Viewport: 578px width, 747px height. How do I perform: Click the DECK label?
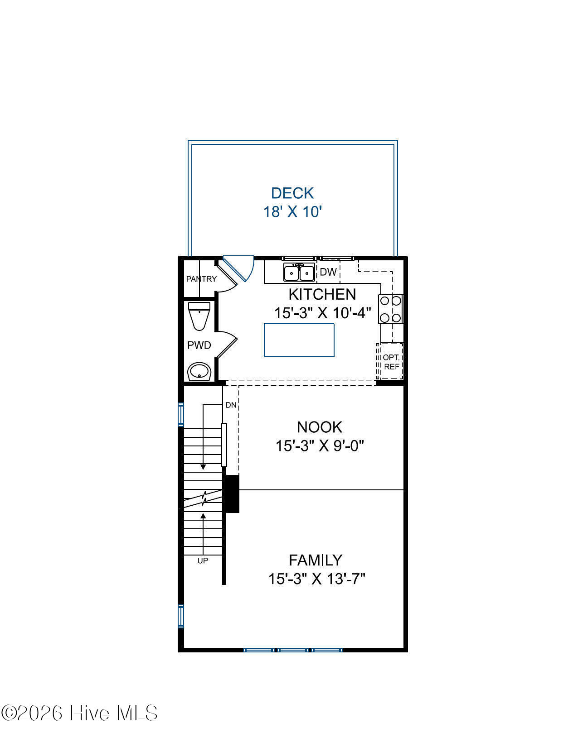pyautogui.click(x=292, y=193)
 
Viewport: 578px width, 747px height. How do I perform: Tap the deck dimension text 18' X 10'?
pyautogui.click(x=292, y=212)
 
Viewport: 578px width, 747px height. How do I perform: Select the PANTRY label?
pyautogui.click(x=201, y=279)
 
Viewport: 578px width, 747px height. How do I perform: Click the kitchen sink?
pyautogui.click(x=299, y=272)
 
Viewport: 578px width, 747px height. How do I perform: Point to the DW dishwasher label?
pyautogui.click(x=328, y=272)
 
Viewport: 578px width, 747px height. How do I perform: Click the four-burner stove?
pyautogui.click(x=390, y=309)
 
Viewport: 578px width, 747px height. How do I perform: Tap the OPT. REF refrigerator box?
pyautogui.click(x=390, y=361)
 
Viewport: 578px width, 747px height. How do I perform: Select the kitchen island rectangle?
pyautogui.click(x=299, y=340)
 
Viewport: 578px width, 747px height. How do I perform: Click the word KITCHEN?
pyautogui.click(x=322, y=294)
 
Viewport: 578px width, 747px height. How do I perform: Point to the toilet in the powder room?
pyautogui.click(x=199, y=316)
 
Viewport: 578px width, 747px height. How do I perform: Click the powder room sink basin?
pyautogui.click(x=199, y=371)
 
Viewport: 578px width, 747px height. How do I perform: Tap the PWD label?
pyautogui.click(x=199, y=345)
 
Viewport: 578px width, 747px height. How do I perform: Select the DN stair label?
pyautogui.click(x=231, y=405)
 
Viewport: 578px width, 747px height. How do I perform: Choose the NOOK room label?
pyautogui.click(x=320, y=427)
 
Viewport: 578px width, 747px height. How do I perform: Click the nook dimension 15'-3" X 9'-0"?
pyautogui.click(x=320, y=446)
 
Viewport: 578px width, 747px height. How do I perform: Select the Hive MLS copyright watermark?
pyautogui.click(x=79, y=713)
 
